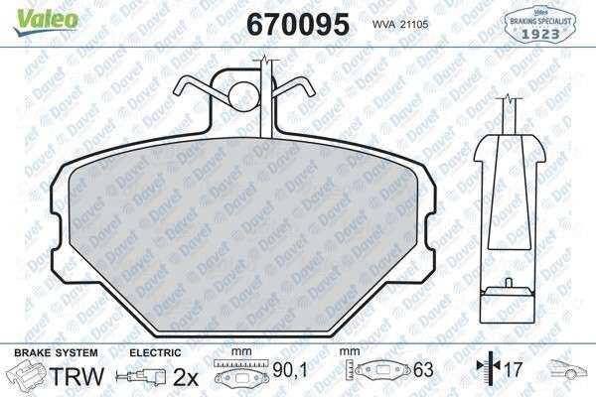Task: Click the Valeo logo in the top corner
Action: [x=47, y=21]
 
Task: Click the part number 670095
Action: [x=298, y=24]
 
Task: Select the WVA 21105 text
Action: [x=400, y=24]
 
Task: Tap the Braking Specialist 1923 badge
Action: [x=539, y=23]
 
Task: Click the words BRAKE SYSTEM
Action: [x=56, y=353]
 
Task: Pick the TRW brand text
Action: [x=76, y=376]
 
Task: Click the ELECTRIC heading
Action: [x=155, y=353]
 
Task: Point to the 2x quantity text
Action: [x=186, y=377]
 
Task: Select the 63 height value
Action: [x=423, y=370]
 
